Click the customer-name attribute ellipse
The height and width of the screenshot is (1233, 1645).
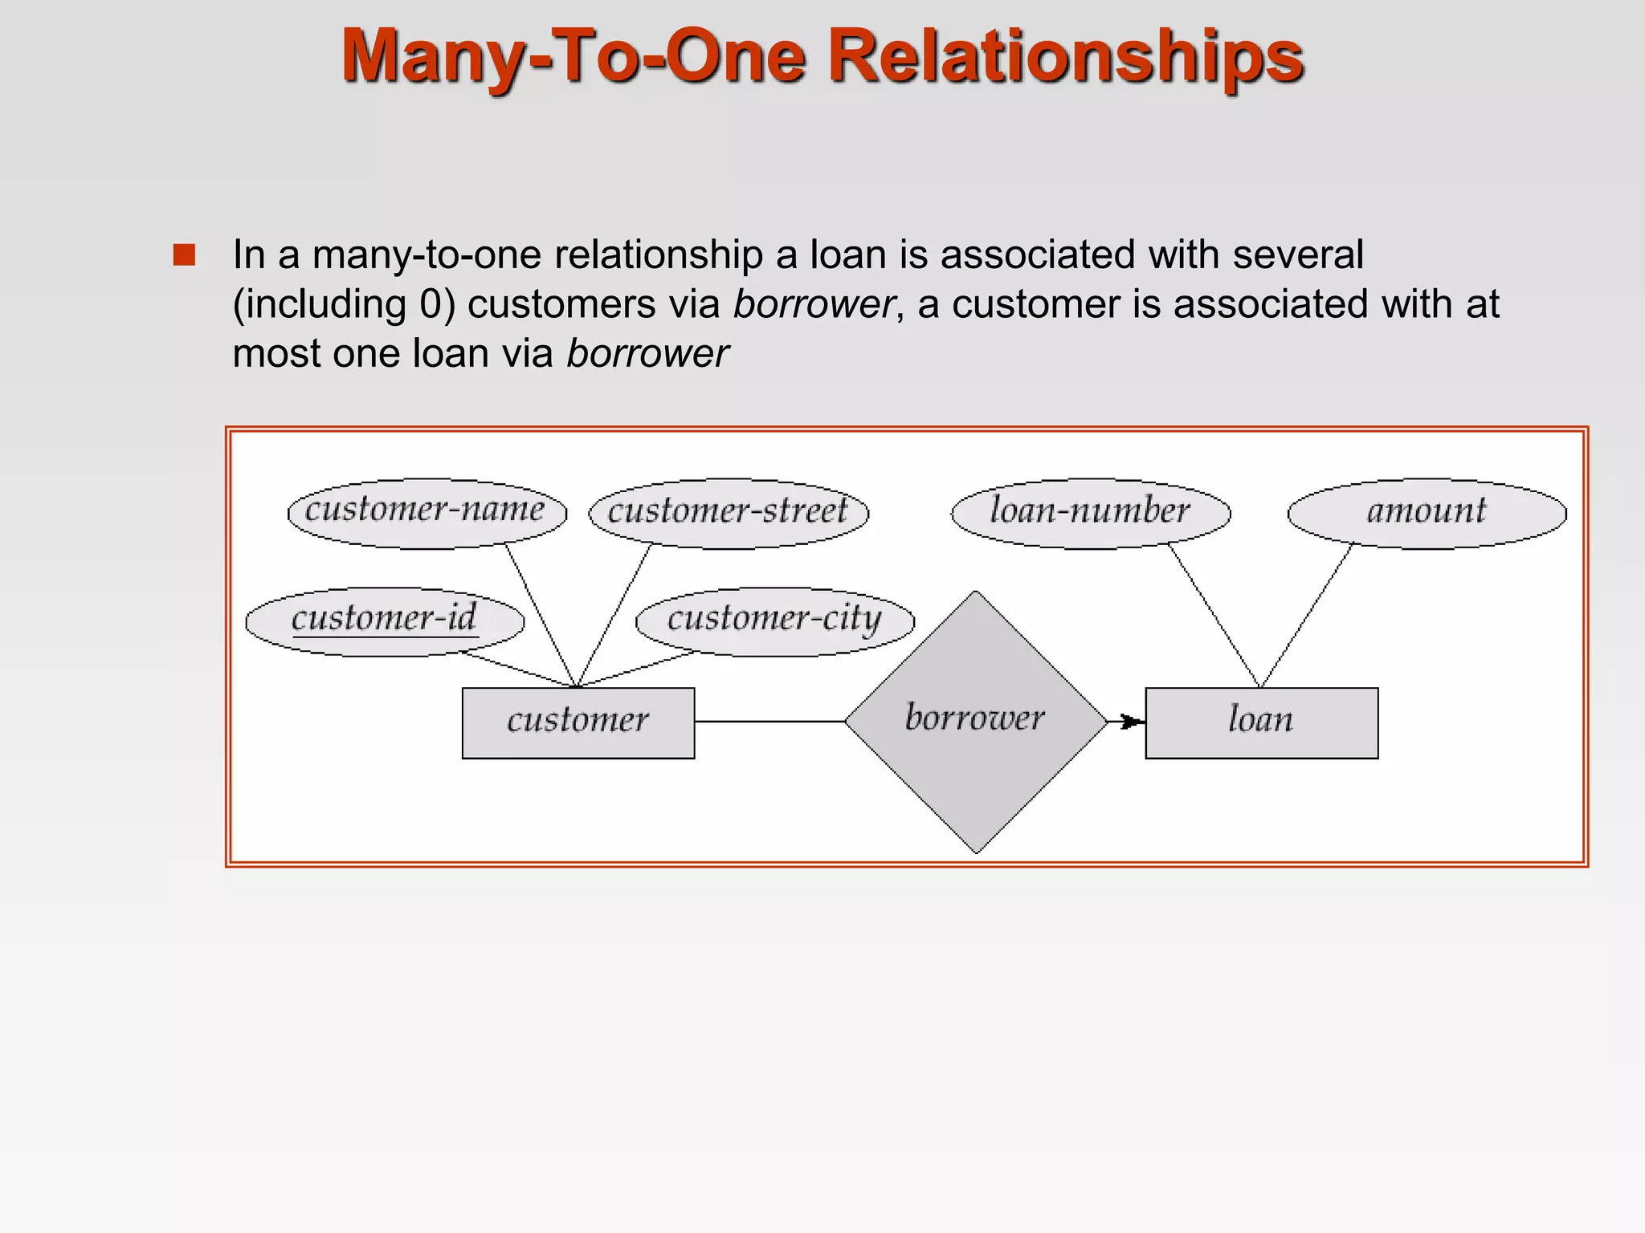[x=427, y=513]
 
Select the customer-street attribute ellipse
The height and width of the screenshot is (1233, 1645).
[x=729, y=513]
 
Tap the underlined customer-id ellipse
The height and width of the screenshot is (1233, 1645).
[x=385, y=621]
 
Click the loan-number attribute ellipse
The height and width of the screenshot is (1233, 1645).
[x=1090, y=513]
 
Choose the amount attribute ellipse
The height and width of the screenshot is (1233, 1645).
[x=1427, y=513]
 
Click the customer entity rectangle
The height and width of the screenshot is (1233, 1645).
[x=578, y=722]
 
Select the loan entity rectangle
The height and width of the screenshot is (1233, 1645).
[x=1261, y=722]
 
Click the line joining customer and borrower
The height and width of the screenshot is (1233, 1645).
[x=769, y=721]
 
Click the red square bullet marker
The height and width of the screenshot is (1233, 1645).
[x=184, y=255]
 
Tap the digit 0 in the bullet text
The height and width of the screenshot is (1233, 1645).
[x=429, y=304]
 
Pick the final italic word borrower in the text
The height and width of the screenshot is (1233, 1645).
[x=647, y=354]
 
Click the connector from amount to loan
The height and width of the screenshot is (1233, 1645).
[x=1307, y=615]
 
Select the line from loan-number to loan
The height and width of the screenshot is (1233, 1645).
[x=1214, y=615]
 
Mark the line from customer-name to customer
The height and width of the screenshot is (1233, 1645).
[x=541, y=615]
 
